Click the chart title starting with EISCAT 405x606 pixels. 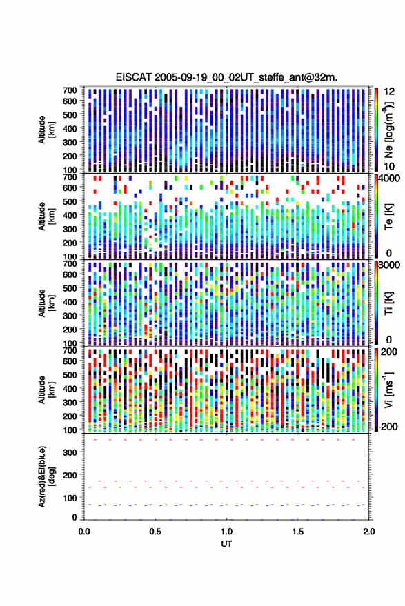226,77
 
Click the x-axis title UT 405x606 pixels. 227,544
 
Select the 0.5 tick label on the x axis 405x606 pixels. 155,532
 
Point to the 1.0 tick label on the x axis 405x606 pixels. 227,532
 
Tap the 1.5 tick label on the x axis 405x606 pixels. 298,532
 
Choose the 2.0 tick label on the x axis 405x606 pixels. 369,532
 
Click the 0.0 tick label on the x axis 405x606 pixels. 84,532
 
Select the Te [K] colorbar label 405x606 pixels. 388,216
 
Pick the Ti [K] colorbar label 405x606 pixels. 388,303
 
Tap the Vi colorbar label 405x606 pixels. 388,390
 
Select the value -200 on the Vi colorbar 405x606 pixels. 387,426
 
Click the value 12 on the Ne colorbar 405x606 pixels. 389,92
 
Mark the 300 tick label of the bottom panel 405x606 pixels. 70,452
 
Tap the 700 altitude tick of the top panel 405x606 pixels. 70,90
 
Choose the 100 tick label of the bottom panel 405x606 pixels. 70,498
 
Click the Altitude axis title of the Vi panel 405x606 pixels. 46,390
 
